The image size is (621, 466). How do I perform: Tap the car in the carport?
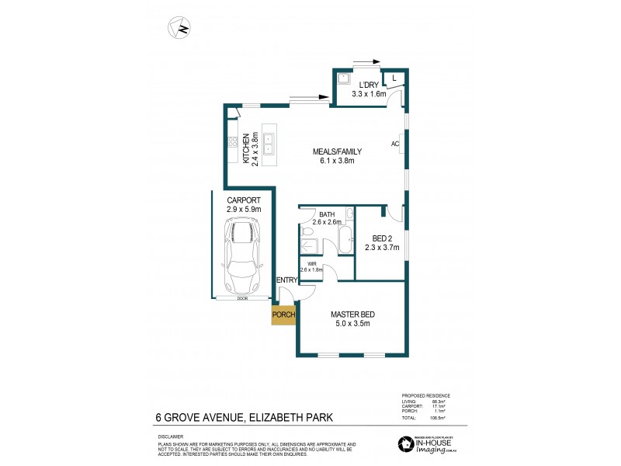coord(242,250)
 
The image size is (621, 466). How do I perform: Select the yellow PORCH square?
coord(283,315)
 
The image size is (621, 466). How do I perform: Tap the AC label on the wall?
coord(394,144)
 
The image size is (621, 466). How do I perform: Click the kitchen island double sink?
coord(268,144)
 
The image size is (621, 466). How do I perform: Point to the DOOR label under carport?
coord(242,298)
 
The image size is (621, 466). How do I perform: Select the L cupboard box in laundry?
coord(394,78)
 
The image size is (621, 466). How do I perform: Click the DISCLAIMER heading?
coord(171,436)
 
